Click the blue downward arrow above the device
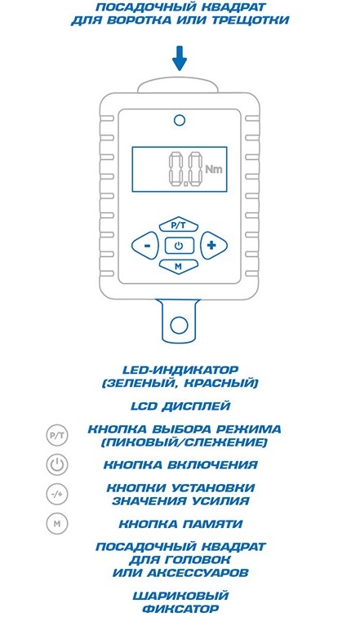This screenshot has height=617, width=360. click(x=180, y=59)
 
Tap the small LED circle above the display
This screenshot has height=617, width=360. click(x=180, y=120)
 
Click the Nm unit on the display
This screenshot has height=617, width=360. click(x=214, y=169)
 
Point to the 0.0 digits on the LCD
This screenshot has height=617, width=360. click(x=184, y=170)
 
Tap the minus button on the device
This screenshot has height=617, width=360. click(x=145, y=246)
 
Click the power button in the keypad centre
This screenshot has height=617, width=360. click(x=179, y=246)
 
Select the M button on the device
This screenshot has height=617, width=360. click(x=179, y=266)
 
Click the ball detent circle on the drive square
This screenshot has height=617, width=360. click(x=179, y=325)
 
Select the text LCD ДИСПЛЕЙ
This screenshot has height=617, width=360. click(x=180, y=406)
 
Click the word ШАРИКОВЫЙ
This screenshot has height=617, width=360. click(x=180, y=596)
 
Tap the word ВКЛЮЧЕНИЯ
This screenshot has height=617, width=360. click(x=212, y=464)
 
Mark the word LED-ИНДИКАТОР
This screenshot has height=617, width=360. click(x=180, y=371)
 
